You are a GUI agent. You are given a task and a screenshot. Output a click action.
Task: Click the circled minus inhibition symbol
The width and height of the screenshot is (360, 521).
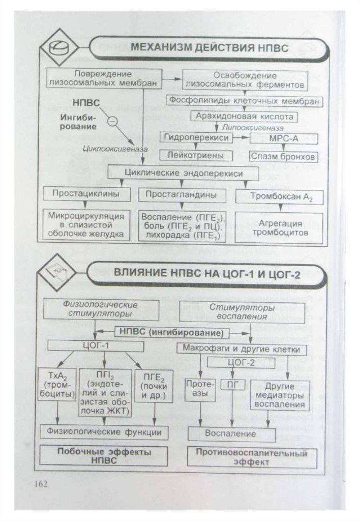113,121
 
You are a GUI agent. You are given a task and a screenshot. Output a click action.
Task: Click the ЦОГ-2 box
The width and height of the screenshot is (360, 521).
241,362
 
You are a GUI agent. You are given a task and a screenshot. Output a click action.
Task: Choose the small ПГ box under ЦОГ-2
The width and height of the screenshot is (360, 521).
232,384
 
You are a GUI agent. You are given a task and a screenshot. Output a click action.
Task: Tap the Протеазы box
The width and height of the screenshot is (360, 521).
199,389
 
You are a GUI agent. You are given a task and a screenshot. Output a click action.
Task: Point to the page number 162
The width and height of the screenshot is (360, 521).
40,483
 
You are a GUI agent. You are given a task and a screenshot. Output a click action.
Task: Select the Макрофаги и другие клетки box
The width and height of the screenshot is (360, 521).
242,350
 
